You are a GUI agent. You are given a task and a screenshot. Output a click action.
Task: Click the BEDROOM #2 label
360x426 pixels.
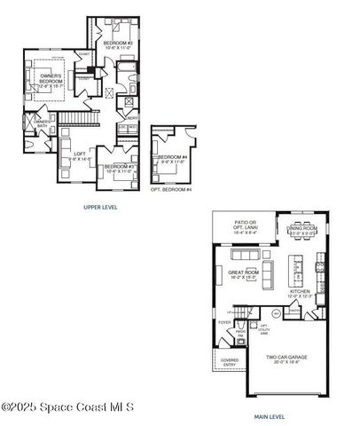(118, 43)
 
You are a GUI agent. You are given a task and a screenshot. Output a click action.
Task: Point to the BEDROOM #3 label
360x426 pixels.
(118, 166)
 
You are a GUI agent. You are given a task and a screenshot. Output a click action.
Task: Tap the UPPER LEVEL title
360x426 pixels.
(100, 207)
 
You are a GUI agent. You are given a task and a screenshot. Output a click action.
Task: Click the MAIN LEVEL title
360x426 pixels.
(269, 415)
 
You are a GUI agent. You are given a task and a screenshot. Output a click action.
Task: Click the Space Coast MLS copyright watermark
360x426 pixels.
(67, 407)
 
